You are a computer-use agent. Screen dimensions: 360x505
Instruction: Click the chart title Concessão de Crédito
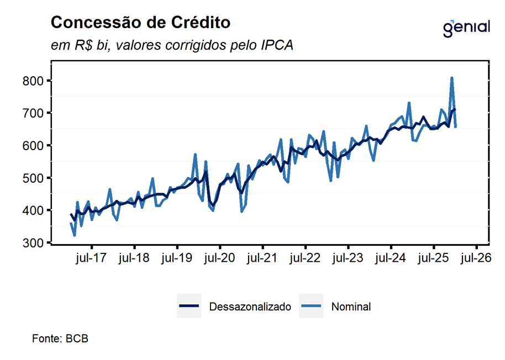coord(140,23)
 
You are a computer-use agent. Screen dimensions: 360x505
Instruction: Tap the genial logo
coord(466,27)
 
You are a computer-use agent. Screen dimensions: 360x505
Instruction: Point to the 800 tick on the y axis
coord(34,81)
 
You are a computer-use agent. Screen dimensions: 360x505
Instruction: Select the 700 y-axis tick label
coord(34,113)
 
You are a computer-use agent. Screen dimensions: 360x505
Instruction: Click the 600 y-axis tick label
coord(34,145)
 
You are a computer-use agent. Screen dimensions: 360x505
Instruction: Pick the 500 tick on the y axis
coord(34,178)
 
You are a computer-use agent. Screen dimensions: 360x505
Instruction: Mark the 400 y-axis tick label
coord(34,210)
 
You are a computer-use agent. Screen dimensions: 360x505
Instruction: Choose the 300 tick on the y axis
coord(34,243)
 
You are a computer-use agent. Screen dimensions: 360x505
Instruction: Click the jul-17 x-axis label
coord(91,258)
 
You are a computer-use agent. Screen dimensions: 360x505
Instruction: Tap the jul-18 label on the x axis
coord(134,258)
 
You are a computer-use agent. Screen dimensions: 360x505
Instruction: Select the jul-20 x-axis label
coord(219,258)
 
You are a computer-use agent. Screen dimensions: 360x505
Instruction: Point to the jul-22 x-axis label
coord(305,258)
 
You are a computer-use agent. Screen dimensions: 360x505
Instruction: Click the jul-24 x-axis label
coord(391,258)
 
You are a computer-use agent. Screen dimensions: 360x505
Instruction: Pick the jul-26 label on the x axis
coord(476,258)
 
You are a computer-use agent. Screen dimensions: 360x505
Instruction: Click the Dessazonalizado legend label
coord(250,307)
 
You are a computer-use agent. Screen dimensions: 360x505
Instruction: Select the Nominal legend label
coord(351,307)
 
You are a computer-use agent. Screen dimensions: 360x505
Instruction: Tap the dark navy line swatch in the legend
coord(189,307)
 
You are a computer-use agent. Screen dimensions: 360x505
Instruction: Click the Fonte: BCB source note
coord(60,338)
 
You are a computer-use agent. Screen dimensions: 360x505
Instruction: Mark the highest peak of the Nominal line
coord(451,78)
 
